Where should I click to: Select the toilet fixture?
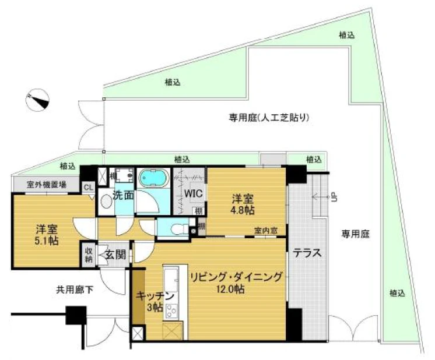point(177,229)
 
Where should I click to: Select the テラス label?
point(306,253)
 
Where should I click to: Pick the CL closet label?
point(89,187)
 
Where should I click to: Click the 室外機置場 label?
point(46,185)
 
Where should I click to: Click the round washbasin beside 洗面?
point(107,202)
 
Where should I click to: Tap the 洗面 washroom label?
point(123,195)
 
